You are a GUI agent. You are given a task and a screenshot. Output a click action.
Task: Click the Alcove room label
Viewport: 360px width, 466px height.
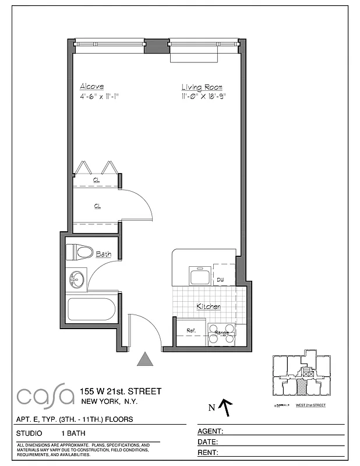pyautogui.click(x=92, y=86)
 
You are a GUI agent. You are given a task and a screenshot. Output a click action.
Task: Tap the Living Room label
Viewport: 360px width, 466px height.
pyautogui.click(x=202, y=86)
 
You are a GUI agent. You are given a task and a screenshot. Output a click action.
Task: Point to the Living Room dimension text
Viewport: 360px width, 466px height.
pyautogui.click(x=203, y=96)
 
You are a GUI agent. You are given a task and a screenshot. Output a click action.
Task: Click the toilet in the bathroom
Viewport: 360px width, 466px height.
pyautogui.click(x=79, y=252)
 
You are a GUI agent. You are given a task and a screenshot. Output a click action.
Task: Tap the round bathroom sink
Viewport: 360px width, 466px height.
pyautogui.click(x=76, y=280)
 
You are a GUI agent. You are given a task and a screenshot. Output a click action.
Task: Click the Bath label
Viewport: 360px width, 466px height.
pyautogui.click(x=103, y=254)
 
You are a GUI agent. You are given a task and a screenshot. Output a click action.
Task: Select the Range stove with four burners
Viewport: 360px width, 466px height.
pyautogui.click(x=222, y=333)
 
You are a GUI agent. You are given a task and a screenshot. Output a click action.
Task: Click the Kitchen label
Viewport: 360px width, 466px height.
pyautogui.click(x=208, y=306)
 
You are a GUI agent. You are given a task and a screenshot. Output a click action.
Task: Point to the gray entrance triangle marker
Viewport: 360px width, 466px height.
pyautogui.click(x=145, y=359)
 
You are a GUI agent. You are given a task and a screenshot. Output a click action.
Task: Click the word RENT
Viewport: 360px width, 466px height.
pyautogui.click(x=209, y=452)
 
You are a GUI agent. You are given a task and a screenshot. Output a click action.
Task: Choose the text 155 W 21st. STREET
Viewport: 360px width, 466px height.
pyautogui.click(x=121, y=391)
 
